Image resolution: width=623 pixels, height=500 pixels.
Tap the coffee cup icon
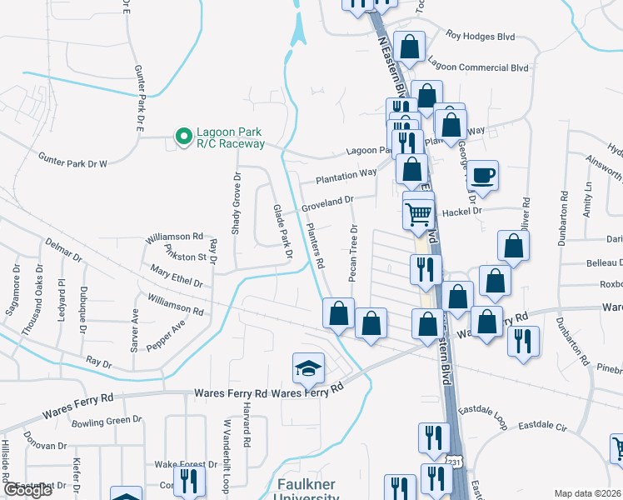click(482, 175)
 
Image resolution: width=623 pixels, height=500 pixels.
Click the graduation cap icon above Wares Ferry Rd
click(307, 367)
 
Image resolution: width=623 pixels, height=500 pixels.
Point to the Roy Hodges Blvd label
click(481, 36)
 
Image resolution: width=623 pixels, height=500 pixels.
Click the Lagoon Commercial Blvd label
click(478, 62)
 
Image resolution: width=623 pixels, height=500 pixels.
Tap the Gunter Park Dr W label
click(74, 158)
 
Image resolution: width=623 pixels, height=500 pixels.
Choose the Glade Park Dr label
click(282, 231)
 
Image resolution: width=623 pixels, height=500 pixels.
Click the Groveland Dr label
click(327, 202)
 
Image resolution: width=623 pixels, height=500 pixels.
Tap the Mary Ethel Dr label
click(177, 276)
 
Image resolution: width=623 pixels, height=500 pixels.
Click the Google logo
click(27, 490)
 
